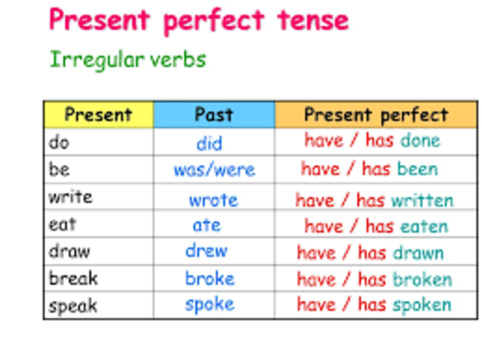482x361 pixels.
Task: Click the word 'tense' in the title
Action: pos(308,20)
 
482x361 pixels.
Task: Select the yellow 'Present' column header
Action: pos(98,115)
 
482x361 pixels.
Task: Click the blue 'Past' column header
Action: pos(214,115)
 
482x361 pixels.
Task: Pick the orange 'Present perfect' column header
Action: pos(375,115)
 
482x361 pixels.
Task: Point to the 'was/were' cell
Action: pos(214,170)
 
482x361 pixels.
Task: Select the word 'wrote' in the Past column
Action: pos(213,200)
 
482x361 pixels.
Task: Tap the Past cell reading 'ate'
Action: pos(206,225)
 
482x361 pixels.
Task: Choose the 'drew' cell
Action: pos(206,251)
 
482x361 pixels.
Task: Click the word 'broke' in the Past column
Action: pos(210,278)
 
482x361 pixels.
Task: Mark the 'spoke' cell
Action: pos(209,304)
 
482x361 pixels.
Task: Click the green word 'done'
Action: pos(420,140)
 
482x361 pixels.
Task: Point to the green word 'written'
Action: pos(422,200)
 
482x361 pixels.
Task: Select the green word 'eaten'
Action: pos(423,226)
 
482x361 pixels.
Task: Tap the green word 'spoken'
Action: pos(423,305)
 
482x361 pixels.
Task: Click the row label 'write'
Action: pos(70,197)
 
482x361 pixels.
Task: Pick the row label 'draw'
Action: pos(69,251)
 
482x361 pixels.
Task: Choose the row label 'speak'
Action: pos(73,306)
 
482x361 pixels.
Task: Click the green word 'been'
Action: pos(417,169)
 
